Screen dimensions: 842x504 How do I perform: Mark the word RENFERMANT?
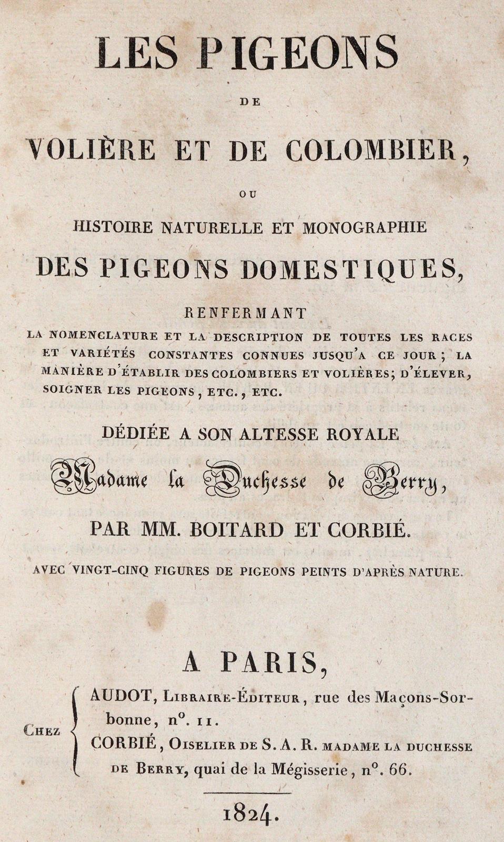[x=245, y=313]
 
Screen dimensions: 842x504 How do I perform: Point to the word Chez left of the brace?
[x=42, y=730]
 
